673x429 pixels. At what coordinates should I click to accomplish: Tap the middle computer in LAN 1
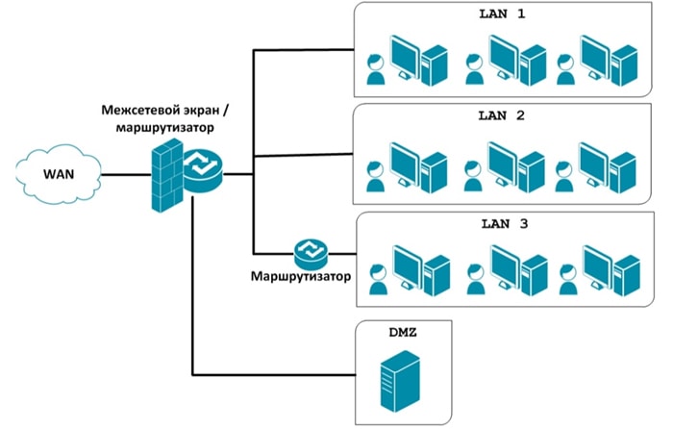coord(515,60)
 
